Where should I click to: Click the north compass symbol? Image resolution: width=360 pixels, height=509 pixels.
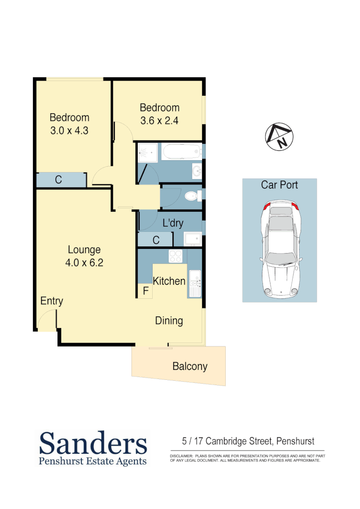(278, 137)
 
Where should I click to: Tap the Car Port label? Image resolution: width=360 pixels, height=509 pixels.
(279, 185)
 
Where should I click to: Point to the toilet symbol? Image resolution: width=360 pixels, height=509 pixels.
(193, 196)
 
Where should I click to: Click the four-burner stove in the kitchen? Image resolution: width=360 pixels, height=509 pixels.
(176, 256)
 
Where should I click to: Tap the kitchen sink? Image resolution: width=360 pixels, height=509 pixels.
(194, 284)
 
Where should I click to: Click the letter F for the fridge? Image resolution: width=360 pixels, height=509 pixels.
(146, 291)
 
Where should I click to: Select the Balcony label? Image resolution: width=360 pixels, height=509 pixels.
(189, 366)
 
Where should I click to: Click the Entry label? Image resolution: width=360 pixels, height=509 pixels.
(52, 301)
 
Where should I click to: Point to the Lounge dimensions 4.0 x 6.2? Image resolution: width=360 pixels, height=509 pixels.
(84, 263)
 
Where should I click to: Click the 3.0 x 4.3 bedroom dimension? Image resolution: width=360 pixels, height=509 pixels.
(70, 131)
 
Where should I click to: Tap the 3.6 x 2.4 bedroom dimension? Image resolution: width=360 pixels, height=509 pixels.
(159, 121)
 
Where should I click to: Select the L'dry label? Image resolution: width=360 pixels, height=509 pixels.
(172, 223)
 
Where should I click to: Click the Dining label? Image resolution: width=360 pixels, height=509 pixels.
(169, 321)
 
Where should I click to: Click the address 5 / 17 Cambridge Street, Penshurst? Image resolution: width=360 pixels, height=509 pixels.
(248, 442)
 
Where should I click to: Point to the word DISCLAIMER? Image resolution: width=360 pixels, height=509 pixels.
(181, 456)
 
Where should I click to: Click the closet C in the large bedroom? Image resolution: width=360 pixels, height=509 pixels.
(58, 180)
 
